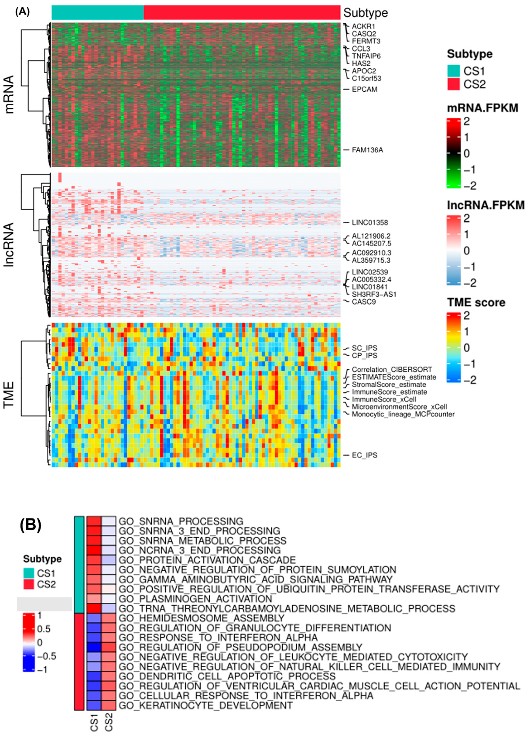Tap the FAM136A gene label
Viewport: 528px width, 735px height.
coord(367,150)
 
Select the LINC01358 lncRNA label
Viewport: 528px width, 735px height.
coord(370,223)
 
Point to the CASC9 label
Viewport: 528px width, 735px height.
coord(364,302)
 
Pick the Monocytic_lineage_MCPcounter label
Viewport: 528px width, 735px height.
coord(403,414)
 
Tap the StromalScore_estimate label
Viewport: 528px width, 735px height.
coord(389,385)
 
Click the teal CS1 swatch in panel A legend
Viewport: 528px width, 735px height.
coord(453,71)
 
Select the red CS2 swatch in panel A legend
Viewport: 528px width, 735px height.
coord(453,84)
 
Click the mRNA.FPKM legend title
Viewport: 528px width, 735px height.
coord(482,108)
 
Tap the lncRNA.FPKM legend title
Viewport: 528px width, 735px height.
coord(485,205)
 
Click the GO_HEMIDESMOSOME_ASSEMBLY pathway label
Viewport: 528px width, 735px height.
coord(201,618)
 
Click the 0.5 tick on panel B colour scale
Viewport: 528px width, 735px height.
coord(44,629)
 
